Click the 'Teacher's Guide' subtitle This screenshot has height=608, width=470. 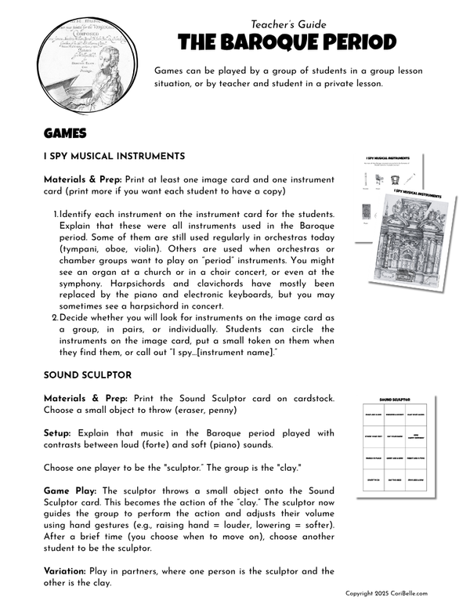288,24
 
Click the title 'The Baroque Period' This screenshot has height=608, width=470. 287,42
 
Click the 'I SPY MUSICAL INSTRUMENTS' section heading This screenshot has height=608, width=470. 114,156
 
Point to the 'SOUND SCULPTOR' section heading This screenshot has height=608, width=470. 88,375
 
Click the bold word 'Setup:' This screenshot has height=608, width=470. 61,433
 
